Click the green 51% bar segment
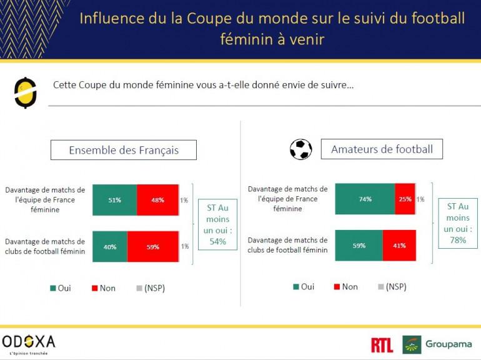pyautogui.click(x=114, y=200)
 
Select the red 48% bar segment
pyautogui.click(x=157, y=200)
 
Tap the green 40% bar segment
pyautogui.click(x=110, y=246)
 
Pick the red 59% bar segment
pyautogui.click(x=153, y=246)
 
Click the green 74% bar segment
pyautogui.click(x=365, y=199)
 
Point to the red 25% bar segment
pyautogui.click(x=405, y=199)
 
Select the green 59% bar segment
pyautogui.click(x=359, y=246)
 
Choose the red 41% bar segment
pyautogui.click(x=399, y=246)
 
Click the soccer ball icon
pyautogui.click(x=300, y=149)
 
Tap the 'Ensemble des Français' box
pyautogui.click(x=124, y=150)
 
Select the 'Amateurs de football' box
pyautogui.click(x=382, y=149)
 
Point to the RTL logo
pyautogui.click(x=382, y=344)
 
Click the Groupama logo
pyautogui.click(x=437, y=344)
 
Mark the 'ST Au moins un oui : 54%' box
pyautogui.click(x=218, y=224)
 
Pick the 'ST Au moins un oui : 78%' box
pyautogui.click(x=458, y=224)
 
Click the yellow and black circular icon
pyautogui.click(x=26, y=92)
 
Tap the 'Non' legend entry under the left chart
pyautogui.click(x=103, y=288)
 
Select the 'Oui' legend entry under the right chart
pyautogui.click(x=303, y=287)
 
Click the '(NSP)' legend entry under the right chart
pyautogui.click(x=392, y=287)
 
